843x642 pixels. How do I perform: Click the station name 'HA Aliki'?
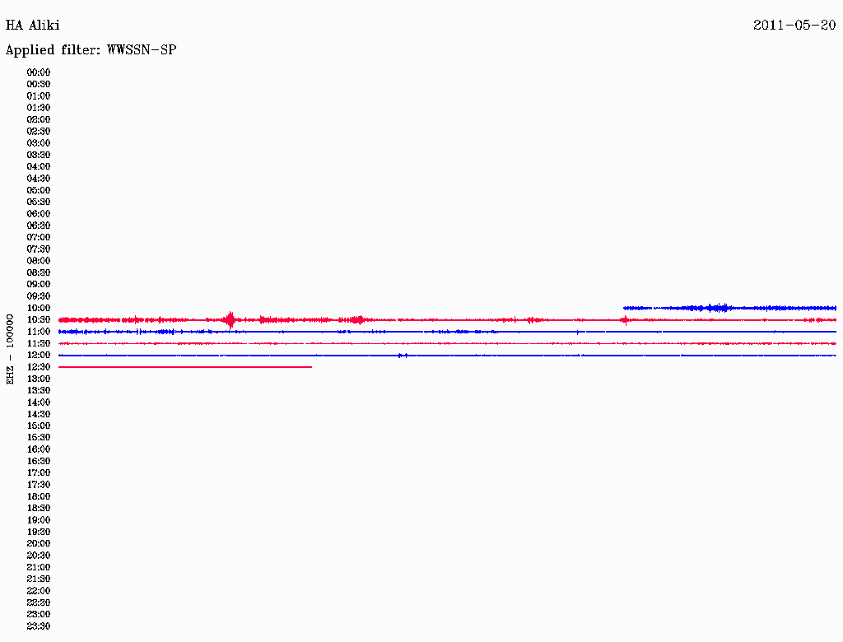pyautogui.click(x=32, y=26)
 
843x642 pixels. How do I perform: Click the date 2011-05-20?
pyautogui.click(x=794, y=26)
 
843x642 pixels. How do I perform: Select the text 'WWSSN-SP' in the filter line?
pyautogui.click(x=142, y=50)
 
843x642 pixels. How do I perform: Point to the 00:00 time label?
pyautogui.click(x=38, y=72)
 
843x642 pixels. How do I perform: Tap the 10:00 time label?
pyautogui.click(x=38, y=308)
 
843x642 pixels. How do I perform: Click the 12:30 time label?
pyautogui.click(x=38, y=367)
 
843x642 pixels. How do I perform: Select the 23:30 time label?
pyautogui.click(x=38, y=626)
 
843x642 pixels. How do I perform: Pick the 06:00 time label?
pyautogui.click(x=38, y=214)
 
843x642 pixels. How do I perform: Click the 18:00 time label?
pyautogui.click(x=38, y=496)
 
